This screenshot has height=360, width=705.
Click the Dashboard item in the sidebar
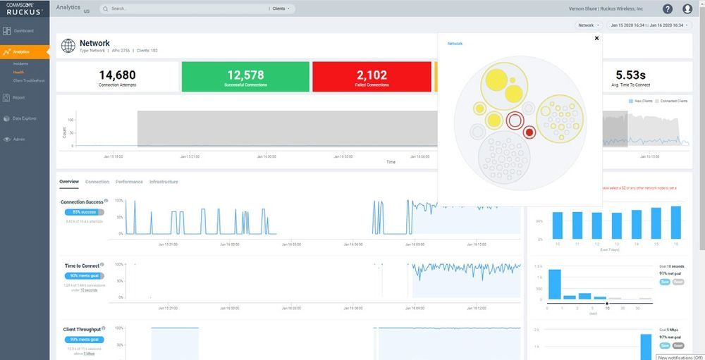click(23, 31)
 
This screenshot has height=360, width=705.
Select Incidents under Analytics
click(20, 64)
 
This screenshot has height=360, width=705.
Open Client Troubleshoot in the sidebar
click(29, 80)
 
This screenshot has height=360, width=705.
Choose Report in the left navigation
click(19, 98)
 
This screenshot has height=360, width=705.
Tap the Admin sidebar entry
click(19, 139)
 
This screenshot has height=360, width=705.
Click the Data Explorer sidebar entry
click(24, 118)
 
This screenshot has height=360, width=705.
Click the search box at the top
click(183, 8)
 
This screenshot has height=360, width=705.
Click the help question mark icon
click(668, 9)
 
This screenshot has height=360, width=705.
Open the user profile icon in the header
click(687, 9)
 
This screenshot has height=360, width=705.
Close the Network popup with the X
click(596, 39)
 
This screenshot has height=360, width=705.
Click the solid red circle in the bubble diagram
click(529, 132)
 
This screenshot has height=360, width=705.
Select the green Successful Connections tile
click(245, 77)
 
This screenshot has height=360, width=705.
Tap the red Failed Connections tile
click(372, 77)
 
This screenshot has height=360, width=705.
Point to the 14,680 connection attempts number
click(118, 75)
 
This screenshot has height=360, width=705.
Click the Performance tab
click(129, 182)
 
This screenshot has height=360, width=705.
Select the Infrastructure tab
click(164, 182)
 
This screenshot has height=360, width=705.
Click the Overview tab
click(69, 182)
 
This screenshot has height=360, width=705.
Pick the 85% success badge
click(83, 212)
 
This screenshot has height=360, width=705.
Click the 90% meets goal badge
click(84, 276)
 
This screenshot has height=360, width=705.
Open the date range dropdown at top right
click(648, 25)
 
